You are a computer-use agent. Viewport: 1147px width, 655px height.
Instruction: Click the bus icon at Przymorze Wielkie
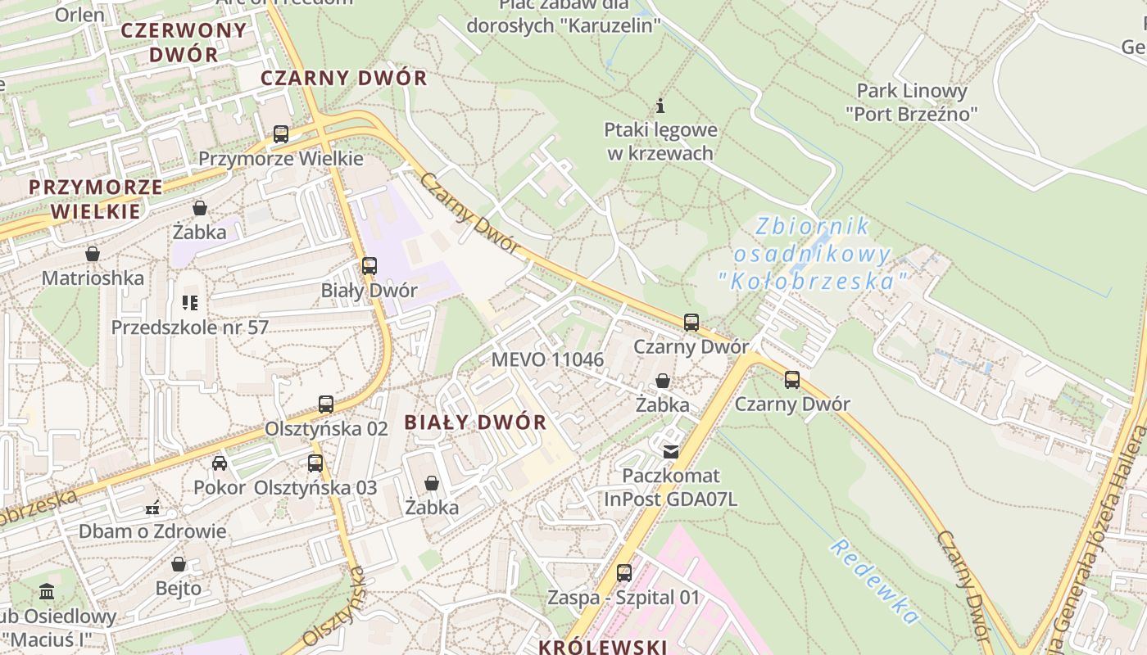click(x=281, y=133)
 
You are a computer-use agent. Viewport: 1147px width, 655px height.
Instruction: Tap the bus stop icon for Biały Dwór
click(x=369, y=265)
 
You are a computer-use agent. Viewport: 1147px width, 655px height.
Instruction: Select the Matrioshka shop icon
click(x=93, y=254)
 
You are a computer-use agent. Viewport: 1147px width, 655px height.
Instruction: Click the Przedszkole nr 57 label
click(x=190, y=327)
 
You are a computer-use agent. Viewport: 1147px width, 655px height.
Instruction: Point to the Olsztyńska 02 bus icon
click(x=326, y=404)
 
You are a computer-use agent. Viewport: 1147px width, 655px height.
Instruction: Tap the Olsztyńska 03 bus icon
click(x=315, y=463)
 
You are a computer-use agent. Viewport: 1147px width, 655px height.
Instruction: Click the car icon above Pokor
click(x=220, y=463)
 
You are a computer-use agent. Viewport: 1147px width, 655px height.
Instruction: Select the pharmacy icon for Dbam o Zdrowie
click(x=152, y=508)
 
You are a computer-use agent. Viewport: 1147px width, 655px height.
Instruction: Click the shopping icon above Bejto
click(x=179, y=564)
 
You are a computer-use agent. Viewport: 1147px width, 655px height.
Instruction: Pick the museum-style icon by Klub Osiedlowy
click(x=47, y=591)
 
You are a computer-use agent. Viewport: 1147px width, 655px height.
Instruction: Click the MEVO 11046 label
click(x=547, y=359)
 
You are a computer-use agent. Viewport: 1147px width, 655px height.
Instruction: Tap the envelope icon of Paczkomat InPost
click(x=671, y=451)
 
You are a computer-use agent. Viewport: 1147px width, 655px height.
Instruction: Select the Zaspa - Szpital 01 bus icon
click(x=624, y=572)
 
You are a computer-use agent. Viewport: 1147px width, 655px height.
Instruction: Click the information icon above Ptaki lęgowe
click(x=660, y=106)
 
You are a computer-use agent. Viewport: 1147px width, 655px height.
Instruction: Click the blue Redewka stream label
click(x=874, y=581)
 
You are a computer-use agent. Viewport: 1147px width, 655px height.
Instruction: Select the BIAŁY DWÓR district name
click(x=475, y=422)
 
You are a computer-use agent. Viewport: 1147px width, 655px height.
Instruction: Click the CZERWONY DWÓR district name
click(x=184, y=43)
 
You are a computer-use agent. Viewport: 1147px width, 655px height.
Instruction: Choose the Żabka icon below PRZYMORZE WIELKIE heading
click(x=199, y=208)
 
